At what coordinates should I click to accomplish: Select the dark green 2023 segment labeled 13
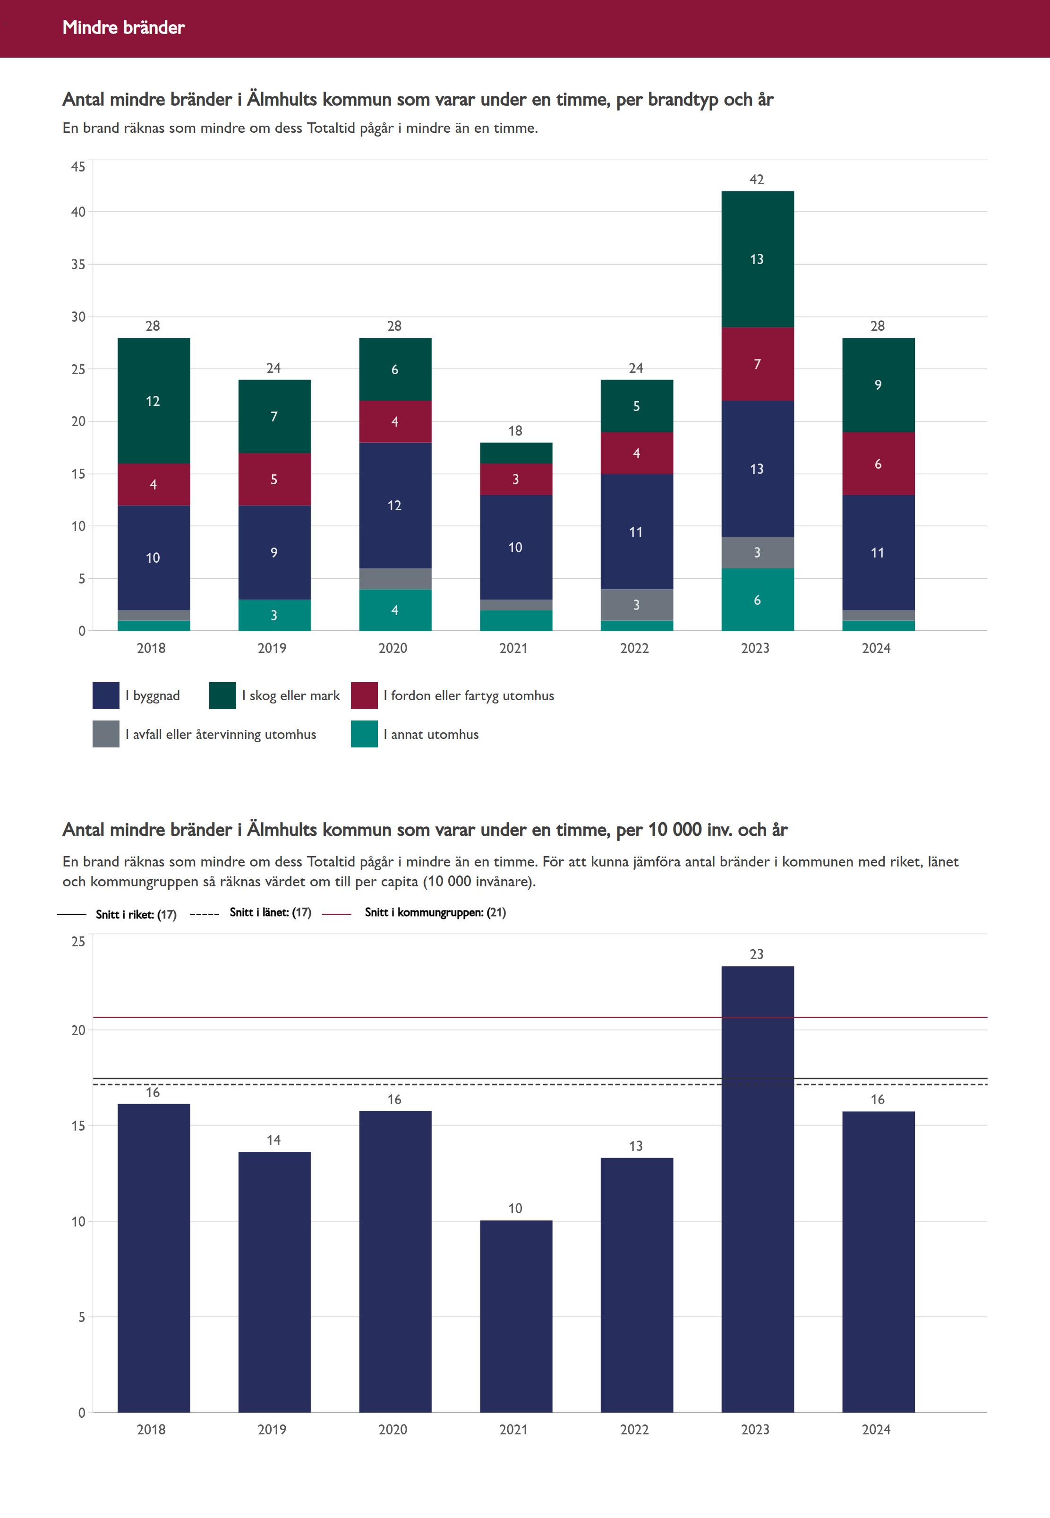coord(757,259)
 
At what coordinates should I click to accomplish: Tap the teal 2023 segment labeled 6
coord(757,600)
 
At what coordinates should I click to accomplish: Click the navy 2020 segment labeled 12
coord(395,506)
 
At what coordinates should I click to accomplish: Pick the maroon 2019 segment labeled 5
coord(274,479)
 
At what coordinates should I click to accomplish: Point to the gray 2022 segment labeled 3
coord(636,605)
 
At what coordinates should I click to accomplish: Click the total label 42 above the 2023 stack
coord(757,180)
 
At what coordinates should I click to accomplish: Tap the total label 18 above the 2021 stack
coord(515,431)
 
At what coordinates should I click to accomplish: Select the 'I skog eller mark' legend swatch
coord(222,695)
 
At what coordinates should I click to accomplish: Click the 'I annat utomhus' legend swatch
coord(364,734)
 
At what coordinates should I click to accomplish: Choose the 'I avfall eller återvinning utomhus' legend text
coord(221,734)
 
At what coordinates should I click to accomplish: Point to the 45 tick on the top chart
coord(78,167)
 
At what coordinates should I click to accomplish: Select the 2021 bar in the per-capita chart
coord(516,1316)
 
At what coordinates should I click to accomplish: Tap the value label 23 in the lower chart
coord(757,954)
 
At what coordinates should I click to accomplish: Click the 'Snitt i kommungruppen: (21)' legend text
coord(435,912)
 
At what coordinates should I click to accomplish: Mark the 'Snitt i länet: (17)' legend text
coord(270,912)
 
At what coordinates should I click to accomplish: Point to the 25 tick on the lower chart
coord(78,942)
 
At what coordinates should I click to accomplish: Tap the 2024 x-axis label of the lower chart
coord(876,1429)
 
